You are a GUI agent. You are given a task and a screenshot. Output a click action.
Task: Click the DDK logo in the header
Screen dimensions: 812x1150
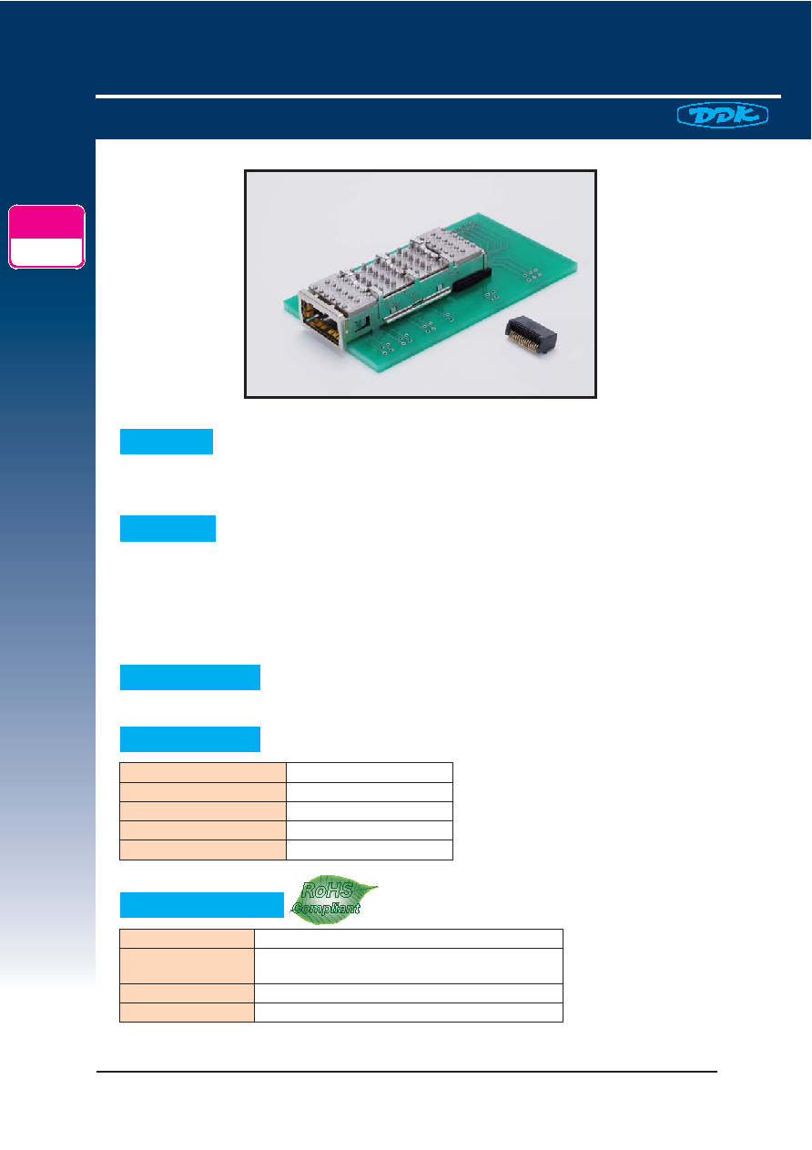pos(722,115)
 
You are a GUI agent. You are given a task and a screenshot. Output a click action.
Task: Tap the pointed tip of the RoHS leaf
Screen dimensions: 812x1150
pos(377,886)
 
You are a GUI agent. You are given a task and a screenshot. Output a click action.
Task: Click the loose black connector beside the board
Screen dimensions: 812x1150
pos(531,336)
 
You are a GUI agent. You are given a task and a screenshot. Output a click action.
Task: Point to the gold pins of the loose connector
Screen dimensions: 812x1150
pos(522,342)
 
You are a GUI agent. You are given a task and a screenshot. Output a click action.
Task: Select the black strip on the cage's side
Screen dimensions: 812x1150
pos(472,279)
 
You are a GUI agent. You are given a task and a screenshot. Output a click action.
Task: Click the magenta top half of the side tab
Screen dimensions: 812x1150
pos(46,222)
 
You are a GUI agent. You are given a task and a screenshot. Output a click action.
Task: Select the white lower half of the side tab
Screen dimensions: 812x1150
pos(46,252)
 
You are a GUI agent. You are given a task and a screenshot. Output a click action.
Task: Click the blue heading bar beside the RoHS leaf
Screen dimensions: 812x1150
pos(202,904)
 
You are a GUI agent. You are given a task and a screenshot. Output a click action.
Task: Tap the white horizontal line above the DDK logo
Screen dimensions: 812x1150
pos(438,96)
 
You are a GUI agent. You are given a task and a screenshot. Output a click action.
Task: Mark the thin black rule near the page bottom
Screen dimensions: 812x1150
pos(407,1072)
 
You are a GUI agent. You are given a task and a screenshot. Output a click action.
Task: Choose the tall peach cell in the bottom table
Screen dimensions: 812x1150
pos(187,966)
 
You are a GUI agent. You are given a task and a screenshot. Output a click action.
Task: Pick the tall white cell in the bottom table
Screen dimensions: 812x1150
pos(409,966)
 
